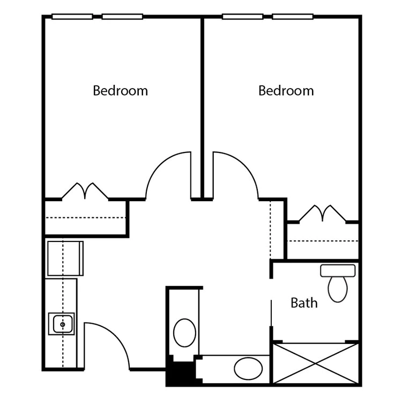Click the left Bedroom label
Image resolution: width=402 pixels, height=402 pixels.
coord(120,91)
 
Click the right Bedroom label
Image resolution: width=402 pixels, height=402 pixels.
coord(286,91)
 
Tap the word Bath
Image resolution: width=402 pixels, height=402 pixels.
coord(304,303)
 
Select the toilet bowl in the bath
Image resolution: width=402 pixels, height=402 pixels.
coord(338,289)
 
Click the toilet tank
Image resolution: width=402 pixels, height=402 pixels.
coord(338,271)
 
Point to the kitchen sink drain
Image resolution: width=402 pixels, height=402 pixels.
coord(63,325)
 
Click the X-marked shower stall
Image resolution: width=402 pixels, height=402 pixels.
coord(316,364)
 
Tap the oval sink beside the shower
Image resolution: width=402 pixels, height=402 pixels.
coord(248,368)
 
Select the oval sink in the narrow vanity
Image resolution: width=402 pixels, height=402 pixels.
coord(184,333)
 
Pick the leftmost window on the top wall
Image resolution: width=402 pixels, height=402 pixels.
coord(72,17)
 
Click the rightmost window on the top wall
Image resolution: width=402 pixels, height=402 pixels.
coord(293,17)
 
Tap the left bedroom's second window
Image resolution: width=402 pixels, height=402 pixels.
coord(122,17)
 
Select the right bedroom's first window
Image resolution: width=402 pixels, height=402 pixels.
coord(242,17)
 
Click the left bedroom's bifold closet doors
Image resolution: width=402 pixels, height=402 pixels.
coord(85,191)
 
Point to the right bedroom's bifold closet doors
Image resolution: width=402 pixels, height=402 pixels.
coord(323,214)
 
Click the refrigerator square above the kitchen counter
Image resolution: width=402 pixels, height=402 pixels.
coord(65,258)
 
